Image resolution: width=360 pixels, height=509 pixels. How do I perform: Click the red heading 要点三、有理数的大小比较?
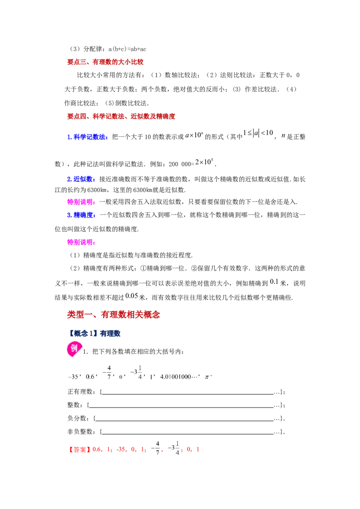(x=105, y=62)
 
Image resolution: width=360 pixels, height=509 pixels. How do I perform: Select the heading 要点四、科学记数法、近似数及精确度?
(x=121, y=116)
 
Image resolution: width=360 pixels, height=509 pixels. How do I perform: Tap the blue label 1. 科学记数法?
(x=88, y=137)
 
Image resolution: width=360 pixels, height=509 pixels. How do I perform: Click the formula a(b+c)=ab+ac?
(x=127, y=49)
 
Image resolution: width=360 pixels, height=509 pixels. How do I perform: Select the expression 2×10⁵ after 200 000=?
(x=204, y=162)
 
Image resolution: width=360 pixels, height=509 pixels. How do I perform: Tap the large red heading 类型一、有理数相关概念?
(x=113, y=315)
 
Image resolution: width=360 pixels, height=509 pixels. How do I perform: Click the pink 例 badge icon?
(x=73, y=349)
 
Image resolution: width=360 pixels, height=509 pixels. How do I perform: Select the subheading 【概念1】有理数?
(x=94, y=333)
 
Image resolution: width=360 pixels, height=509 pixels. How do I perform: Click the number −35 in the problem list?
(x=73, y=377)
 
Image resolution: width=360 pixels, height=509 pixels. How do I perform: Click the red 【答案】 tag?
(x=80, y=450)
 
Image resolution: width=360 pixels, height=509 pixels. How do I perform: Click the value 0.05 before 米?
(x=131, y=296)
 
